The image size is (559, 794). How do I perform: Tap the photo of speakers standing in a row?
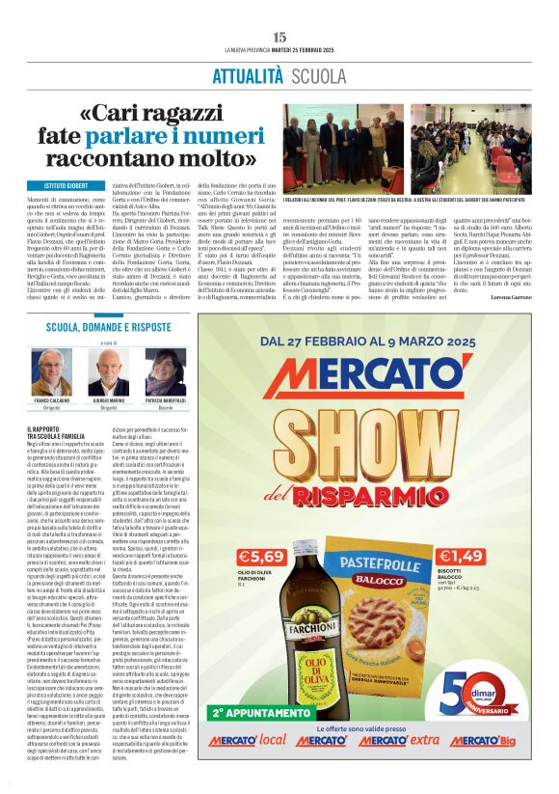pos(343,151)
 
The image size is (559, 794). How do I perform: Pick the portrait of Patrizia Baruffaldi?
pos(166,370)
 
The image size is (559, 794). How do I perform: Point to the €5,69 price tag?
pos(259,557)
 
